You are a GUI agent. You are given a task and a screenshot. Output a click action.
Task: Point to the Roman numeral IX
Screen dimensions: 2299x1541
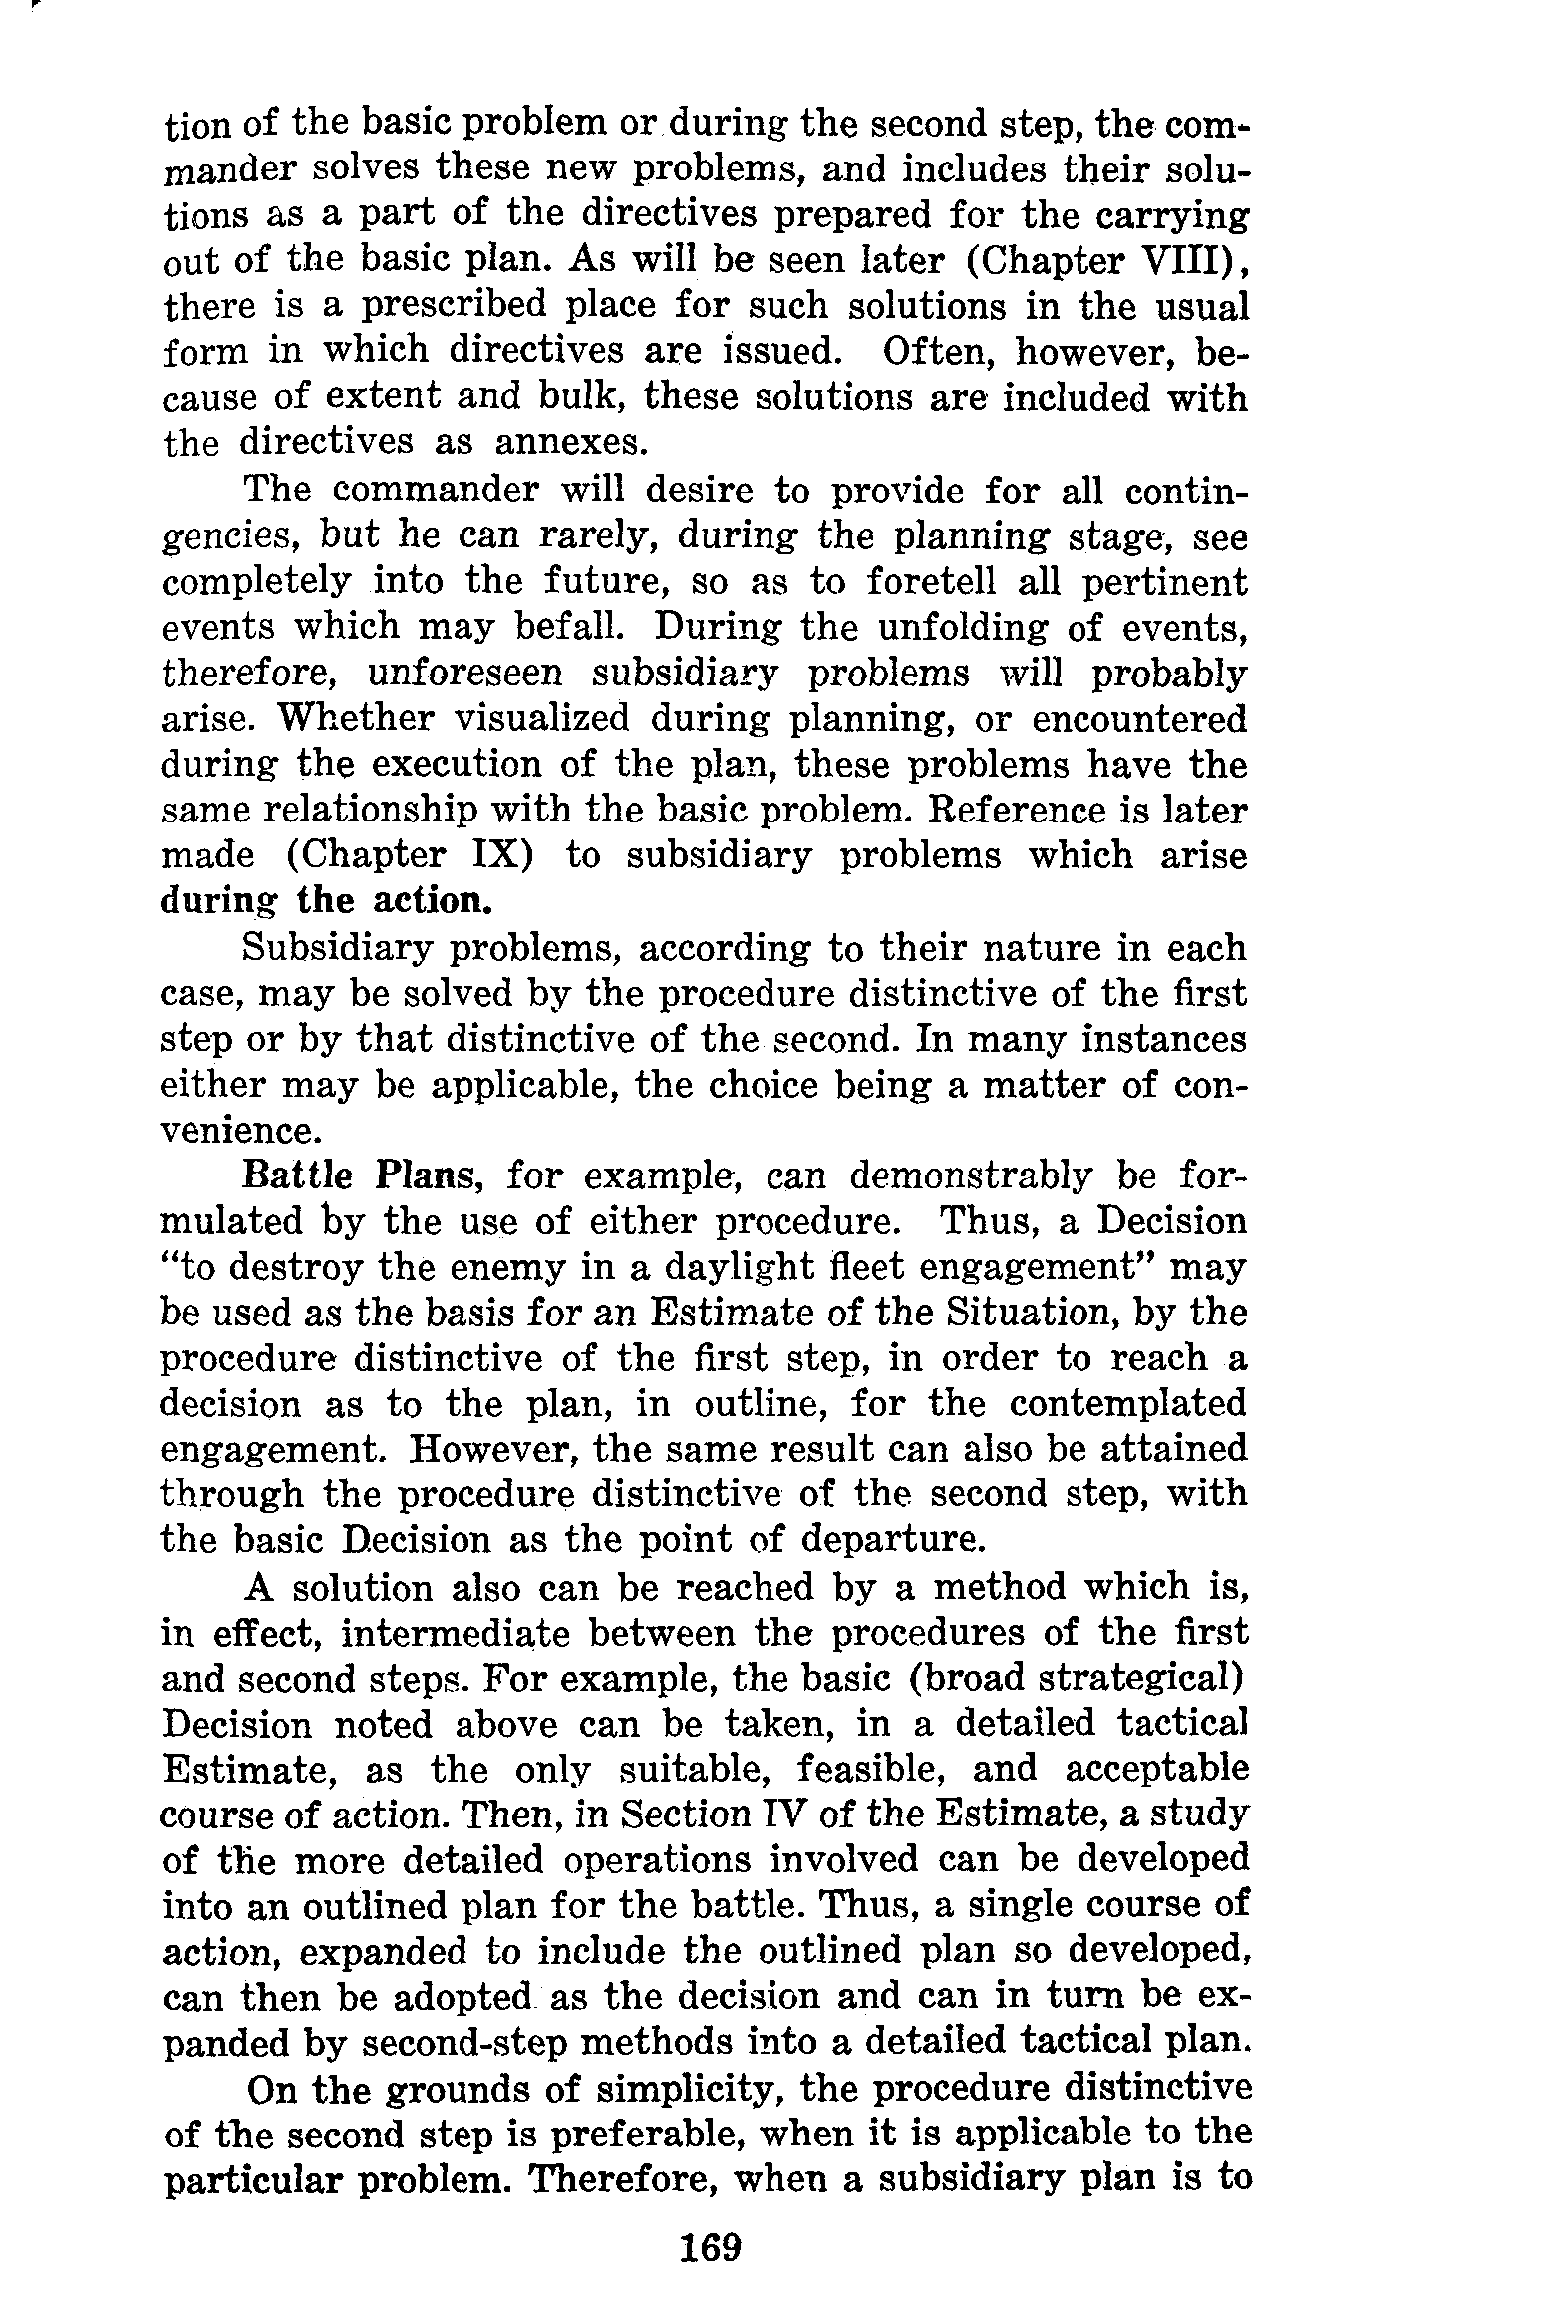pos(487,856)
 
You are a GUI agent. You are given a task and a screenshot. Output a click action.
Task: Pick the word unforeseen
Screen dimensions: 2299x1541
pos(466,674)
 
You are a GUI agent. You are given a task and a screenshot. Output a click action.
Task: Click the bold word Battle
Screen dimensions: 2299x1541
pos(298,1176)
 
